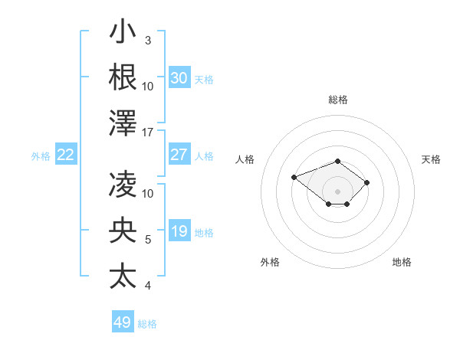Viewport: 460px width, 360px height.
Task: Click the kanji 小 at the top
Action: click(123, 31)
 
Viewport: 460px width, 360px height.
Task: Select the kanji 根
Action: click(123, 77)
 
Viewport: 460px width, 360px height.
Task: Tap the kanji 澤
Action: click(123, 123)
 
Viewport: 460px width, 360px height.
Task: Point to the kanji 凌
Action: click(123, 184)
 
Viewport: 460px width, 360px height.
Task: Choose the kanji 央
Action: click(123, 230)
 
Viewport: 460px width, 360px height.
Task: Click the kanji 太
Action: click(123, 276)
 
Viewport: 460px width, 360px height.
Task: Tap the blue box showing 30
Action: click(179, 78)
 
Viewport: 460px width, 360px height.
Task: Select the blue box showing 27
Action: click(179, 155)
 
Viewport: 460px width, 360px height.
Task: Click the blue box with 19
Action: click(179, 231)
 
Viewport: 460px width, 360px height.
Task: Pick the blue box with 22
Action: click(66, 155)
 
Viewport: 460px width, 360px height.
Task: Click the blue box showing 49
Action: click(123, 322)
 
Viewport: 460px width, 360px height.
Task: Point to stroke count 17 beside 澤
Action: click(148, 133)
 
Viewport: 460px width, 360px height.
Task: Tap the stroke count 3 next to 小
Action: click(147, 40)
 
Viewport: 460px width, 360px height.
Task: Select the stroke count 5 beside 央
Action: click(147, 240)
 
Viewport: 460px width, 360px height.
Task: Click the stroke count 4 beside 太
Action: click(147, 286)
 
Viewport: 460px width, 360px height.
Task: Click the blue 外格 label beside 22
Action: click(41, 155)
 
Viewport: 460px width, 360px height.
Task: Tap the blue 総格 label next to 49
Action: click(147, 323)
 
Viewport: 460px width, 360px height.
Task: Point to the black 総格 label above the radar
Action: click(338, 100)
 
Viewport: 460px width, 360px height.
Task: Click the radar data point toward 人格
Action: click(294, 178)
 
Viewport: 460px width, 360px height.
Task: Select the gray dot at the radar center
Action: click(337, 191)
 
